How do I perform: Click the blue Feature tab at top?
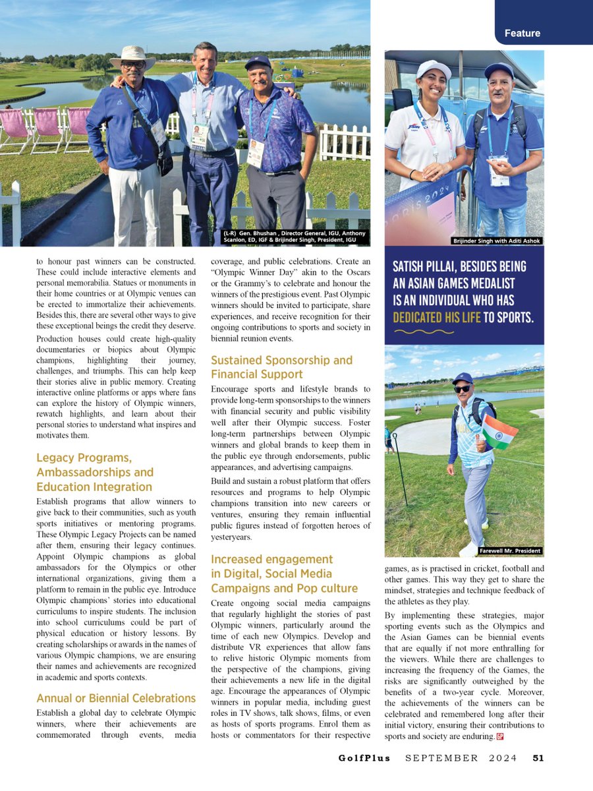(x=522, y=33)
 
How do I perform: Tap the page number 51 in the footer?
(x=538, y=758)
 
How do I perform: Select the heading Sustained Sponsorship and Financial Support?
(x=281, y=368)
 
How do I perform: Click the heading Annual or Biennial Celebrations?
(x=116, y=698)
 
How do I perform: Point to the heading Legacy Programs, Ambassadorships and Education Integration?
(x=95, y=473)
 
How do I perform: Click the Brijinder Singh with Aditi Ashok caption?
(x=497, y=241)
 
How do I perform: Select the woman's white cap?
(x=434, y=69)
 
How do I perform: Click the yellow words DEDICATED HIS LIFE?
(x=436, y=317)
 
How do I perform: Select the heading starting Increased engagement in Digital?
(x=284, y=573)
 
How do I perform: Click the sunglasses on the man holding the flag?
(x=463, y=389)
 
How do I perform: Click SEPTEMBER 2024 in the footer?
(x=461, y=758)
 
